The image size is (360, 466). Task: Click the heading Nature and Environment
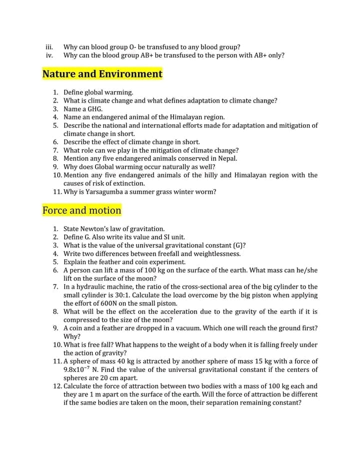click(102, 74)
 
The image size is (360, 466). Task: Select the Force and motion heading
click(82, 210)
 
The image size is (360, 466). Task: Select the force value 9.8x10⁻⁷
click(79, 369)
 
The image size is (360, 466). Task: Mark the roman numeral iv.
click(49, 55)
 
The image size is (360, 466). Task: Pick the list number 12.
click(56, 386)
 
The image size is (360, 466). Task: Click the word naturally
click(170, 167)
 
